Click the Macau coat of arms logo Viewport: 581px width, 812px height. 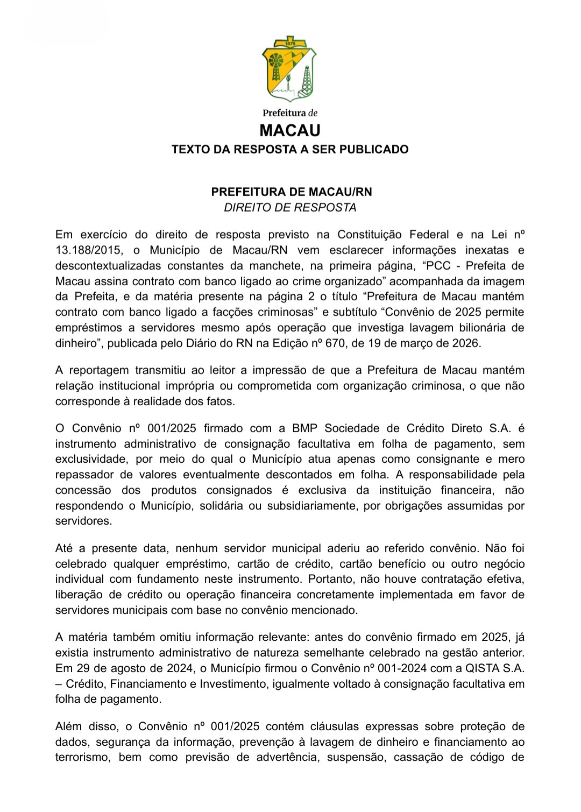tap(289, 69)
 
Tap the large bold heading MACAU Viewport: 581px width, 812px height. tap(290, 131)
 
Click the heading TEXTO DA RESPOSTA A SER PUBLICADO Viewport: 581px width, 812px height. tap(290, 150)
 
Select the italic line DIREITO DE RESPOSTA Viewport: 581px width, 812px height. tap(290, 208)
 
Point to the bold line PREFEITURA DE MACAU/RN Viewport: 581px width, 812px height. tap(291, 192)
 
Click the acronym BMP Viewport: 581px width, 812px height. tap(304, 428)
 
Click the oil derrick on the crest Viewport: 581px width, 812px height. tap(307, 80)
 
